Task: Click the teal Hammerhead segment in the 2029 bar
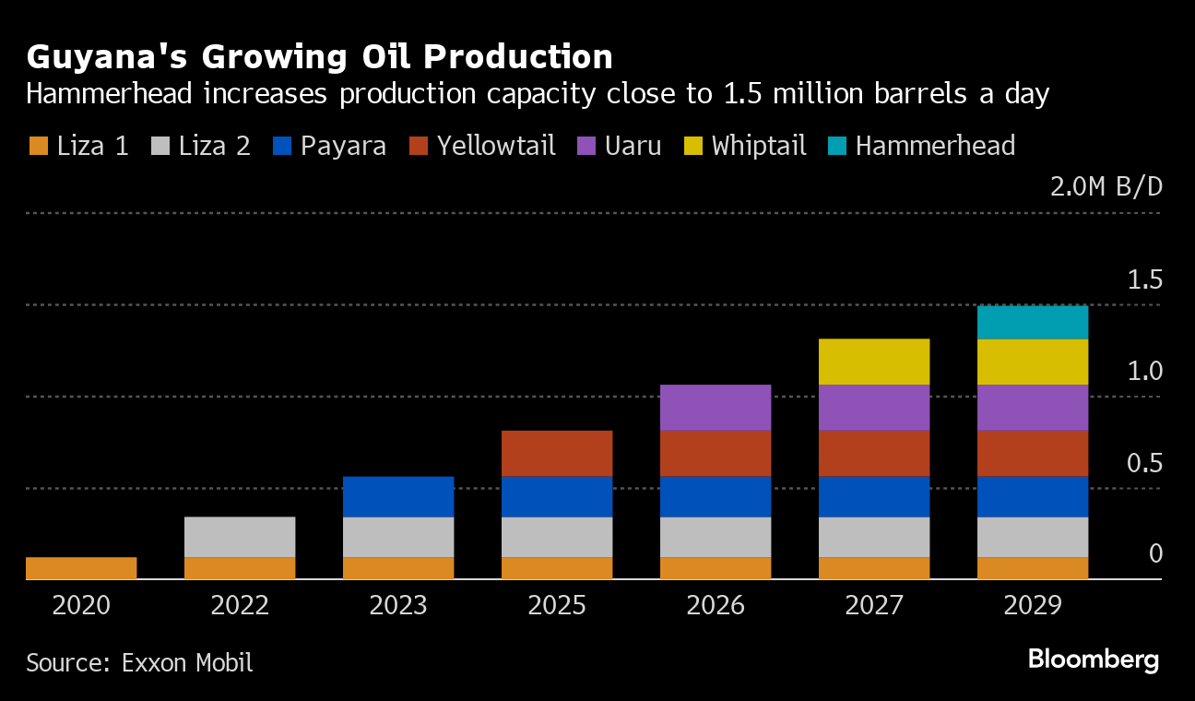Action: [x=1033, y=322]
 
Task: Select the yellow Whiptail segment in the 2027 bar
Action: [x=874, y=362]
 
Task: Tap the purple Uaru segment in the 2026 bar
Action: [x=716, y=408]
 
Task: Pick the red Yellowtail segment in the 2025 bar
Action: [x=557, y=453]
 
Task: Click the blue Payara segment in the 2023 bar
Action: [x=398, y=496]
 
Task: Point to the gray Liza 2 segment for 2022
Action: [x=240, y=537]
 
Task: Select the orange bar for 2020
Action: [x=81, y=568]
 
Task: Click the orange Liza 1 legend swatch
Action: [x=38, y=146]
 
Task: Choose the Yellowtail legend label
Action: [x=496, y=146]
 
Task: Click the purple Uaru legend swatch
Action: [x=586, y=146]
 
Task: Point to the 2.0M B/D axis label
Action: [x=1106, y=187]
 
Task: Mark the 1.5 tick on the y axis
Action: [x=1145, y=280]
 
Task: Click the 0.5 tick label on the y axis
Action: [x=1145, y=463]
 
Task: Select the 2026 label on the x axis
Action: [x=716, y=605]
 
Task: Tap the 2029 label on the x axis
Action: [x=1033, y=605]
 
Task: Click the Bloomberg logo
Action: [x=1093, y=659]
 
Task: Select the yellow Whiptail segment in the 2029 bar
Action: [x=1033, y=362]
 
